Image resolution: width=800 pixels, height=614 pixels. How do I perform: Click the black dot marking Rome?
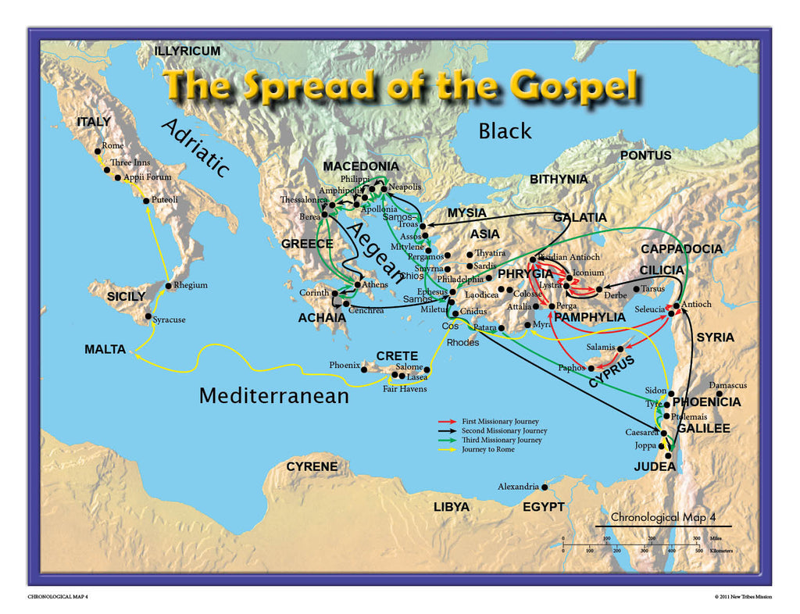pyautogui.click(x=98, y=152)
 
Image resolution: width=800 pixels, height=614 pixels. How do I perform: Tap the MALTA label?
pyautogui.click(x=105, y=349)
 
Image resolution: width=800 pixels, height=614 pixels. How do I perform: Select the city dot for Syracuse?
pyautogui.click(x=148, y=317)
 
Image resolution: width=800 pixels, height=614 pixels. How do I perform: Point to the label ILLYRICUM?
pyautogui.click(x=187, y=51)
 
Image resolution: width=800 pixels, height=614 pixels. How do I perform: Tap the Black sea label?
pyautogui.click(x=505, y=130)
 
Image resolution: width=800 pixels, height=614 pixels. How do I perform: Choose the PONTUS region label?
pyautogui.click(x=645, y=155)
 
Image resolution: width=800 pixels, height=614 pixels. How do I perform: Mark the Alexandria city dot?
pyautogui.click(x=545, y=487)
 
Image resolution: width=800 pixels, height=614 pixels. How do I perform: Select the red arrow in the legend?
pyautogui.click(x=449, y=422)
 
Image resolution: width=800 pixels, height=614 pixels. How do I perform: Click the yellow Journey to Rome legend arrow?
pyautogui.click(x=449, y=449)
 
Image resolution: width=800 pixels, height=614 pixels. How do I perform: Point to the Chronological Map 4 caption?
pyautogui.click(x=662, y=517)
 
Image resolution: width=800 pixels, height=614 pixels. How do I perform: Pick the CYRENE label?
pyautogui.click(x=312, y=466)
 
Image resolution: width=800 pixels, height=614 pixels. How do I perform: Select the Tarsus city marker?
pyautogui.click(x=635, y=288)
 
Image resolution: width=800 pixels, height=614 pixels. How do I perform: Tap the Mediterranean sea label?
pyautogui.click(x=273, y=395)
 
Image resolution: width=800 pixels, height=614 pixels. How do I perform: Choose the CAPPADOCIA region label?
pyautogui.click(x=681, y=248)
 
